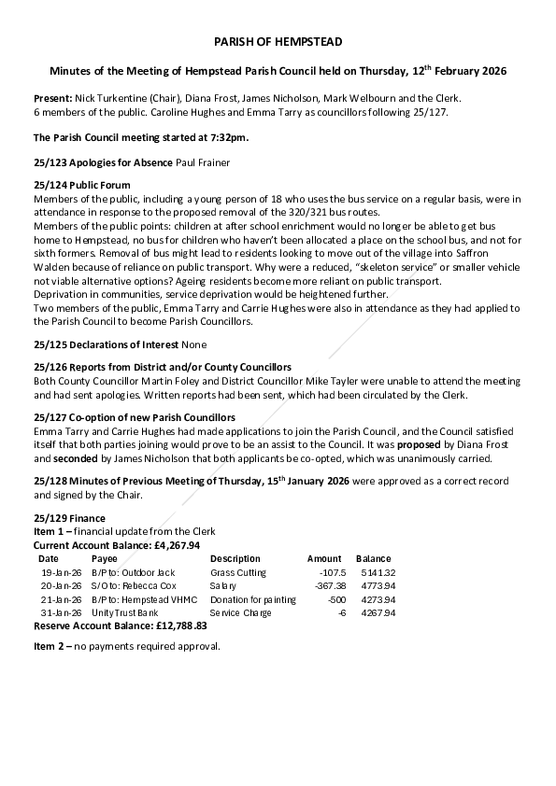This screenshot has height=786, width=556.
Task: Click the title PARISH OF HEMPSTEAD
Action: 278,43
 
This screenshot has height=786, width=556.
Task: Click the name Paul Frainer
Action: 203,162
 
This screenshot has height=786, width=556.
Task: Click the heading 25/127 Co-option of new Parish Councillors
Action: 134,417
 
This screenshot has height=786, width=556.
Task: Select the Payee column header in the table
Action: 105,558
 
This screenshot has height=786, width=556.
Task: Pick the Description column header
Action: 235,558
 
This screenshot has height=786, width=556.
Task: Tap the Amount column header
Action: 324,558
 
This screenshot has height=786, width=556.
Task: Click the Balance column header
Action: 373,558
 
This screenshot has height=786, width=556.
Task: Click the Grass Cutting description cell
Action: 238,572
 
